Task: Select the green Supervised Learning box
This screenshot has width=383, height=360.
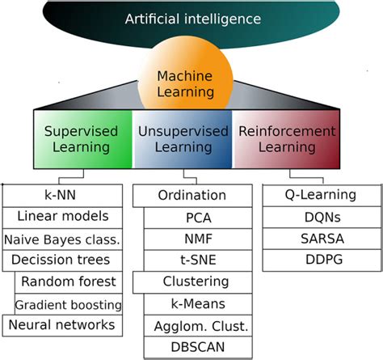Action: click(x=81, y=139)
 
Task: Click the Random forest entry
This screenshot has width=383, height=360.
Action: click(x=70, y=282)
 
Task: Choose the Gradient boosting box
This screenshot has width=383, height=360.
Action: click(x=70, y=304)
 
